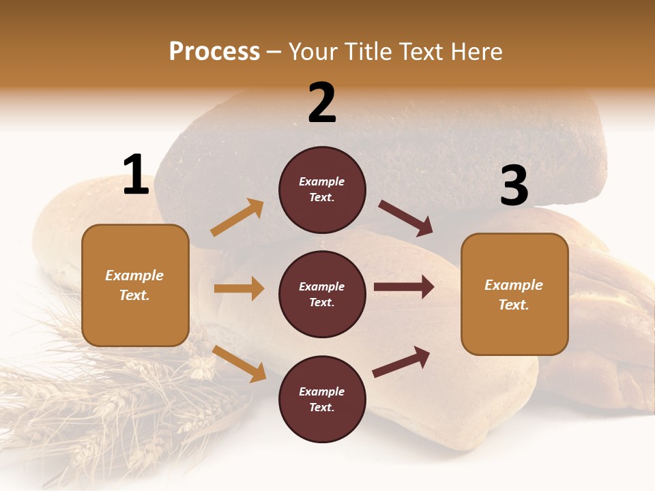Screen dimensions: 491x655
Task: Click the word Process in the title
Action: pos(214,52)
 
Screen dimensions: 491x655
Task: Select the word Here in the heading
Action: pos(475,52)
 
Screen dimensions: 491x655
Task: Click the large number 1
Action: pos(136,175)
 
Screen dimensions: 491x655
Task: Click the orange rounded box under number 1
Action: pos(135,285)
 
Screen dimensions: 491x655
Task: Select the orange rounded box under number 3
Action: pos(514,295)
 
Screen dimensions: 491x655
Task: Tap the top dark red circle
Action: pos(322,190)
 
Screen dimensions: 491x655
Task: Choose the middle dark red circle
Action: pos(322,294)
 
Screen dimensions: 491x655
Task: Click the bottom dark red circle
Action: pos(322,399)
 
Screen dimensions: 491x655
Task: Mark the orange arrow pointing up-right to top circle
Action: pos(237,218)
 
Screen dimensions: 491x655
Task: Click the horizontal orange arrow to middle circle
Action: pos(239,288)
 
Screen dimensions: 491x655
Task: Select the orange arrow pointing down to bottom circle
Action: pos(239,363)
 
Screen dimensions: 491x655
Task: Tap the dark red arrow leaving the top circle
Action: pos(405,218)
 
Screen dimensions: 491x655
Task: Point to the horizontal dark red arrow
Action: pos(404,287)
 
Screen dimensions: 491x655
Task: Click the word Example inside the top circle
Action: pos(322,182)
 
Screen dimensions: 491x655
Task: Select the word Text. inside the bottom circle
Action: pos(322,407)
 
